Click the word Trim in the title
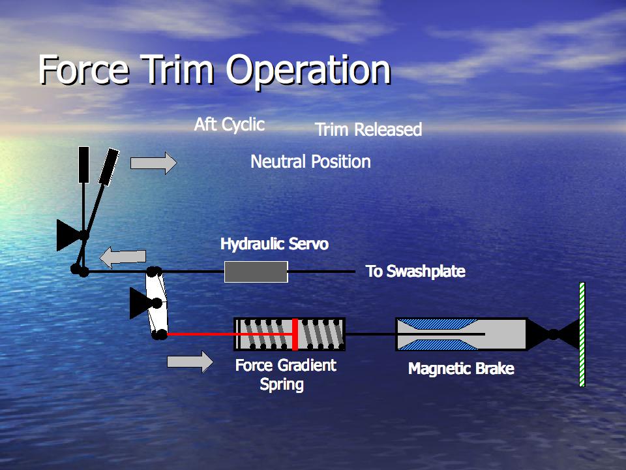(x=177, y=69)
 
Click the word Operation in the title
(x=308, y=71)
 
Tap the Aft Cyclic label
(x=230, y=125)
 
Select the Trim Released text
(x=368, y=129)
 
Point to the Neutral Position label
(x=310, y=161)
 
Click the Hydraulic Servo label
(x=275, y=243)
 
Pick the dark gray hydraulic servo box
(x=256, y=272)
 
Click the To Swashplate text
(x=415, y=272)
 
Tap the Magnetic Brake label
(x=461, y=368)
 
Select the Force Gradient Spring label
(x=286, y=375)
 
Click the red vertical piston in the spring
(x=295, y=334)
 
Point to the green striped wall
(x=582, y=334)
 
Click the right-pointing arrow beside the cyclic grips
(x=154, y=163)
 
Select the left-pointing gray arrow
(x=123, y=257)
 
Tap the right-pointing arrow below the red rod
(x=190, y=362)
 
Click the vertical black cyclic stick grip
(x=83, y=164)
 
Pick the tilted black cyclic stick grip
(x=109, y=166)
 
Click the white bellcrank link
(x=156, y=303)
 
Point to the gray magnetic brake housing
(x=461, y=334)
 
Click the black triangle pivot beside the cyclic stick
(x=68, y=235)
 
